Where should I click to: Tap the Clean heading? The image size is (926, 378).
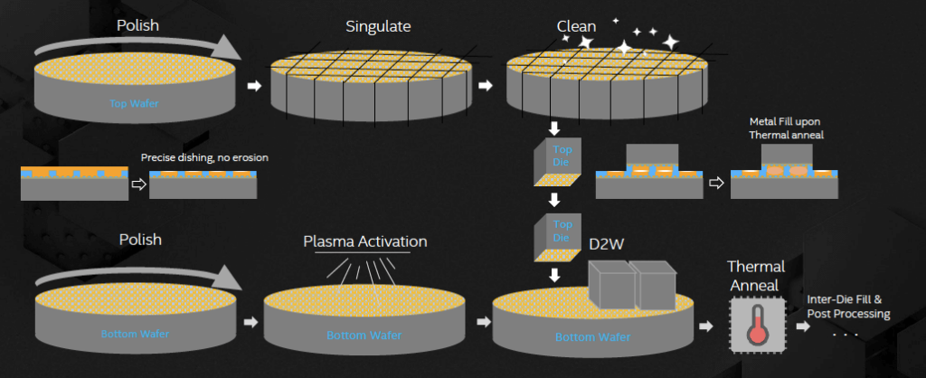coord(576,25)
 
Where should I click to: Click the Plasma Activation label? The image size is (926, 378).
coord(364,241)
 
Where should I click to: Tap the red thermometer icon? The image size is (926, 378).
coord(756,325)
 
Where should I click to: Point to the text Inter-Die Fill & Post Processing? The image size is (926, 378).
coord(847,307)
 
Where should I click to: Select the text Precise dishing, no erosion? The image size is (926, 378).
coord(204,158)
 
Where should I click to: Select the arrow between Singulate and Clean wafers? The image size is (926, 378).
coord(486,86)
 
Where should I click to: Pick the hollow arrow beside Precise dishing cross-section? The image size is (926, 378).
coord(138,184)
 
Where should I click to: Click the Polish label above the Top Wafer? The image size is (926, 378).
coord(137,25)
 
